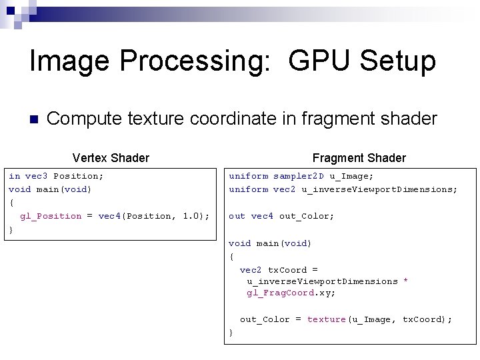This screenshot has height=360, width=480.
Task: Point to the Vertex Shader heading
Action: pos(111,158)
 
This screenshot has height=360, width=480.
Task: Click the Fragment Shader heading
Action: pos(359,158)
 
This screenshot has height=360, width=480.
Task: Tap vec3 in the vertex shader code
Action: pos(36,176)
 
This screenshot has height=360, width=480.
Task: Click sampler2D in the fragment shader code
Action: pos(299,176)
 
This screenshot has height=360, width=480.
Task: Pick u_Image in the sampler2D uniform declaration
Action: pos(352,176)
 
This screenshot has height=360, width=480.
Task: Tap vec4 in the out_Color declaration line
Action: pos(262,216)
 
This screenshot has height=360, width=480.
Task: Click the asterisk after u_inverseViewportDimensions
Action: pos(405,281)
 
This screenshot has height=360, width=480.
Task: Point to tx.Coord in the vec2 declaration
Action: pos(287,270)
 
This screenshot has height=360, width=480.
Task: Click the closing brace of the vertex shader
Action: pos(11,230)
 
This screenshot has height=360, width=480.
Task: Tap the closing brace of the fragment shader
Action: pos(231,332)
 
